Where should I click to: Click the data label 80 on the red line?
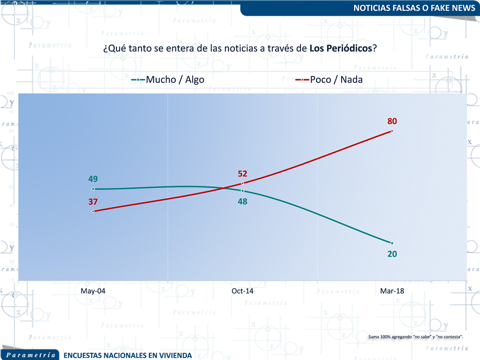(392, 121)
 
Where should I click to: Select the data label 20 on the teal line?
(392, 254)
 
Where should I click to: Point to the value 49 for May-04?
(93, 179)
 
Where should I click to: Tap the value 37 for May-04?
(93, 202)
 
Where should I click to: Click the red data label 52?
(243, 174)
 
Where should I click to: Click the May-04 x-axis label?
(93, 291)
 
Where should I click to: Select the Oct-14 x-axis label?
(243, 291)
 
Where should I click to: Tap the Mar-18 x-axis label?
(392, 291)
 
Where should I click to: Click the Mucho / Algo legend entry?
(168, 79)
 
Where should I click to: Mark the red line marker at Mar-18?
(392, 131)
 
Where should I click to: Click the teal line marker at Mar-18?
(392, 243)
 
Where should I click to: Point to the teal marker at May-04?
(93, 189)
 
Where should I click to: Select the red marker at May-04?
(93, 211)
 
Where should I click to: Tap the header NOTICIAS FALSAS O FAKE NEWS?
(414, 8)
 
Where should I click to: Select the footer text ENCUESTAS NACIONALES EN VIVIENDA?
(127, 355)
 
